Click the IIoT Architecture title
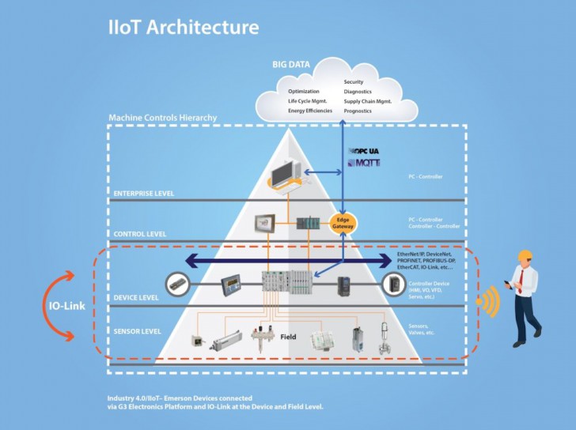[183, 26]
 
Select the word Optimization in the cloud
[304, 91]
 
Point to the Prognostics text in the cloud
[362, 111]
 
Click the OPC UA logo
[365, 150]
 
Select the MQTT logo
[365, 163]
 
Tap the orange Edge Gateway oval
[343, 223]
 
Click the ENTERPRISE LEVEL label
[143, 194]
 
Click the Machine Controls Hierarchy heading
[162, 118]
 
